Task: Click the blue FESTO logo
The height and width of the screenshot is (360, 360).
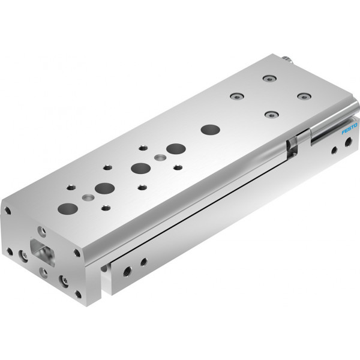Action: pos(349,128)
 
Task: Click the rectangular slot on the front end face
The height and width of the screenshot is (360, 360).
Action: pos(43,253)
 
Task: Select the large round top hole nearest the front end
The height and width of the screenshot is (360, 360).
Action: pos(68,208)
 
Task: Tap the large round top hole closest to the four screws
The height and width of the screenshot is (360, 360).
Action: pos(211,130)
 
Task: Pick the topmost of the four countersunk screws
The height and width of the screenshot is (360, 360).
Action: pos(269,79)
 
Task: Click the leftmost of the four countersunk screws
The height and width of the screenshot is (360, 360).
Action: pos(237,96)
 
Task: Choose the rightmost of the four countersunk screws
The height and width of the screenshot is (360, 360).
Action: pos(304,96)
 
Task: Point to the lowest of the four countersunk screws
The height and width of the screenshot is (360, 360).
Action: pos(271,114)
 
